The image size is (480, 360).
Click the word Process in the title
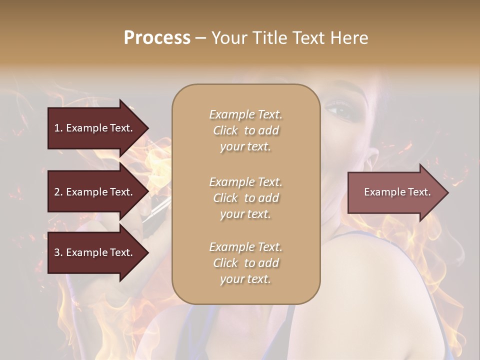[157, 37]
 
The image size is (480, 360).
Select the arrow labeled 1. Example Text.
[95, 128]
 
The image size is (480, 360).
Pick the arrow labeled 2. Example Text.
[95, 192]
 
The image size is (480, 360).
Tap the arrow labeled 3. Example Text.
[95, 252]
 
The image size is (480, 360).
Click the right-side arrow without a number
[395, 192]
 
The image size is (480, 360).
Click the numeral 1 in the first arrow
[57, 128]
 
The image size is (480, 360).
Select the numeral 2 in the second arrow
[57, 192]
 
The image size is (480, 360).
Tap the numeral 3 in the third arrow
[57, 252]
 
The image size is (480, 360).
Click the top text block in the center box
[245, 130]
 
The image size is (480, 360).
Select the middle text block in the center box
[245, 198]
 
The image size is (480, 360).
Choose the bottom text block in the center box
[245, 263]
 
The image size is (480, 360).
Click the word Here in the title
[348, 37]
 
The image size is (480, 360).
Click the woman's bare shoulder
[400, 280]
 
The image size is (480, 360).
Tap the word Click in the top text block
[225, 130]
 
